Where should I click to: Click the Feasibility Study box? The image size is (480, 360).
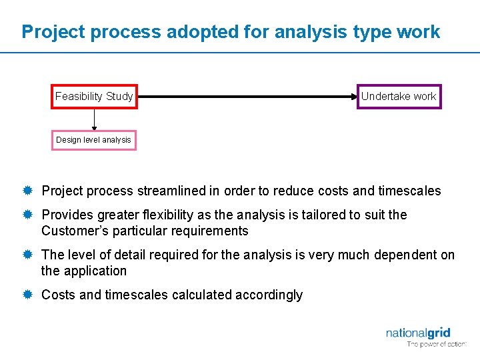point(94,97)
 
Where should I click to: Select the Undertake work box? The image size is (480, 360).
point(399,97)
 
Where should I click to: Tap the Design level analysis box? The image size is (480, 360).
point(94,140)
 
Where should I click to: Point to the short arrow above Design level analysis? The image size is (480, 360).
point(94,119)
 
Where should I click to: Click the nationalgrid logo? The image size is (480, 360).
point(418,333)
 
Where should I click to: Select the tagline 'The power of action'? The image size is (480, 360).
point(437,345)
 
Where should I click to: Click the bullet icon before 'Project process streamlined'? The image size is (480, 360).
point(27,191)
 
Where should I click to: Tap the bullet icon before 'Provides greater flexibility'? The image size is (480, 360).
point(27,215)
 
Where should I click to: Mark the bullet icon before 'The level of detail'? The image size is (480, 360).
point(27,255)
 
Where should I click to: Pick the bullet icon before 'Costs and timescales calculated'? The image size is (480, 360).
point(27,295)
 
